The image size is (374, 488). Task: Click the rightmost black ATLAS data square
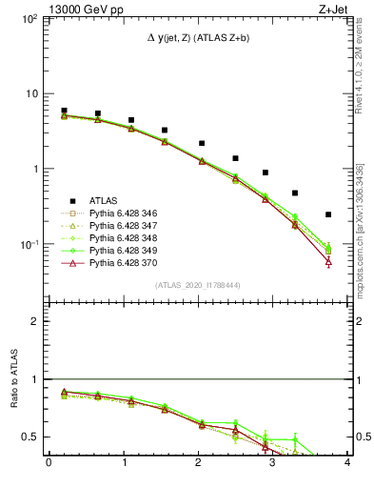pyautogui.click(x=328, y=214)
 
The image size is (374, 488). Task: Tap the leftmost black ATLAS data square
pyautogui.click(x=64, y=111)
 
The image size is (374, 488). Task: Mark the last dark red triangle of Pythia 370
pyautogui.click(x=328, y=261)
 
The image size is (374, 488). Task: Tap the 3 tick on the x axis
pyautogui.click(x=273, y=464)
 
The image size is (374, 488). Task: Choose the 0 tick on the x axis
pyautogui.click(x=49, y=464)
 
